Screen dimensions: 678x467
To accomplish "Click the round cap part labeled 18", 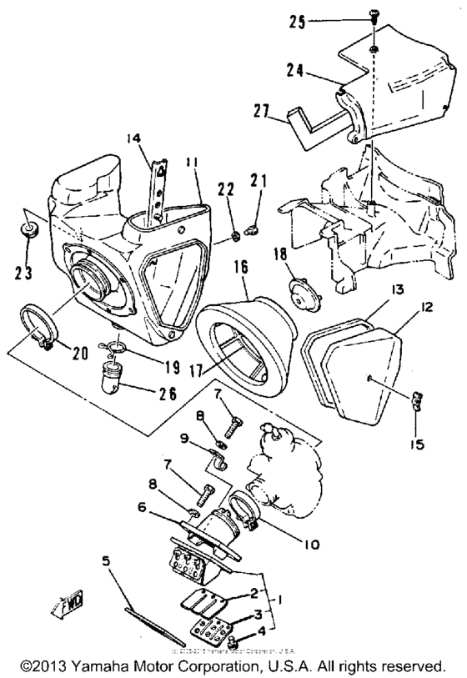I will pyautogui.click(x=296, y=292).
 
